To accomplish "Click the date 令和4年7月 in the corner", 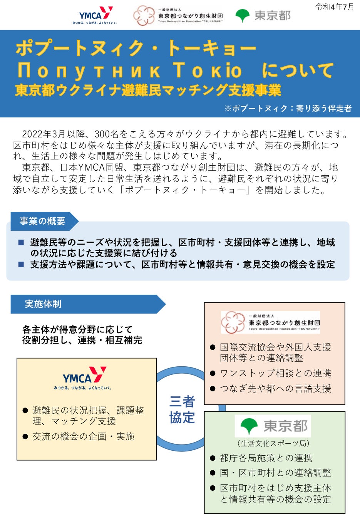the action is pyautogui.click(x=334, y=7).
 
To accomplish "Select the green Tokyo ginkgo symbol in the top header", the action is pyautogui.click(x=243, y=16).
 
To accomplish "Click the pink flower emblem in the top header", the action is pyautogui.click(x=144, y=16).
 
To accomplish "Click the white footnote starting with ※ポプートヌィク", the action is pyautogui.click(x=288, y=109).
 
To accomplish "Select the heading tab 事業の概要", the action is pyautogui.click(x=43, y=221).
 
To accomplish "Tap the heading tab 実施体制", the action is pyautogui.click(x=43, y=304).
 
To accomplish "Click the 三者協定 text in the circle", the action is pyautogui.click(x=182, y=409).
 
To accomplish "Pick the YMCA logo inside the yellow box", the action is pyautogui.click(x=84, y=378).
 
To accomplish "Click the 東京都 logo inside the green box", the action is pyautogui.click(x=273, y=426).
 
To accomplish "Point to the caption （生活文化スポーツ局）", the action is pyautogui.click(x=273, y=443).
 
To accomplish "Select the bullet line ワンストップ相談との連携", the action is pyautogui.click(x=275, y=373).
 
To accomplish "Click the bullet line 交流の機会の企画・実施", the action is pyautogui.click(x=83, y=436).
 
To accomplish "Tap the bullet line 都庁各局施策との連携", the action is pyautogui.click(x=266, y=458).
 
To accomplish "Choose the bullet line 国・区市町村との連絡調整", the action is pyautogui.click(x=275, y=473).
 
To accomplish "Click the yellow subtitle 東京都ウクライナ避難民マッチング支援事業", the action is pyautogui.click(x=148, y=90).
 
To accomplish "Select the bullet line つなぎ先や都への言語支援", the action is pyautogui.click(x=275, y=389).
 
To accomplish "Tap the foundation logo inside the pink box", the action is pyautogui.click(x=271, y=322).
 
